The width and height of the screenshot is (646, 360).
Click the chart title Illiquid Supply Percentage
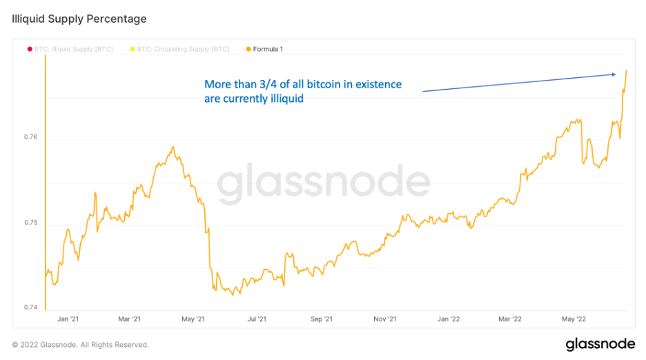[x=79, y=19]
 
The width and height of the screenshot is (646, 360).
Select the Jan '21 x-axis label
[x=68, y=319]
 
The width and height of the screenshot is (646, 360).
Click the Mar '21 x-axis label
[x=130, y=319]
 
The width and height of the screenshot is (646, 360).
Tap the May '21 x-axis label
[x=194, y=319]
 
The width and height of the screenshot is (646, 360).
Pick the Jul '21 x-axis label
[x=257, y=319]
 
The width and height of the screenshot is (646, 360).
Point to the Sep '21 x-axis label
[x=321, y=319]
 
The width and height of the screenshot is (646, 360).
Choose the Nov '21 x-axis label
[x=385, y=319]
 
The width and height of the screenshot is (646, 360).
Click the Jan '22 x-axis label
[x=449, y=319]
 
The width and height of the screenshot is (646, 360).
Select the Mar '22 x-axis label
[x=510, y=319]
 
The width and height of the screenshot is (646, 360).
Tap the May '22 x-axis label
[x=574, y=319]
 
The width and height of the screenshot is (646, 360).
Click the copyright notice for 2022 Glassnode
[x=80, y=344]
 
